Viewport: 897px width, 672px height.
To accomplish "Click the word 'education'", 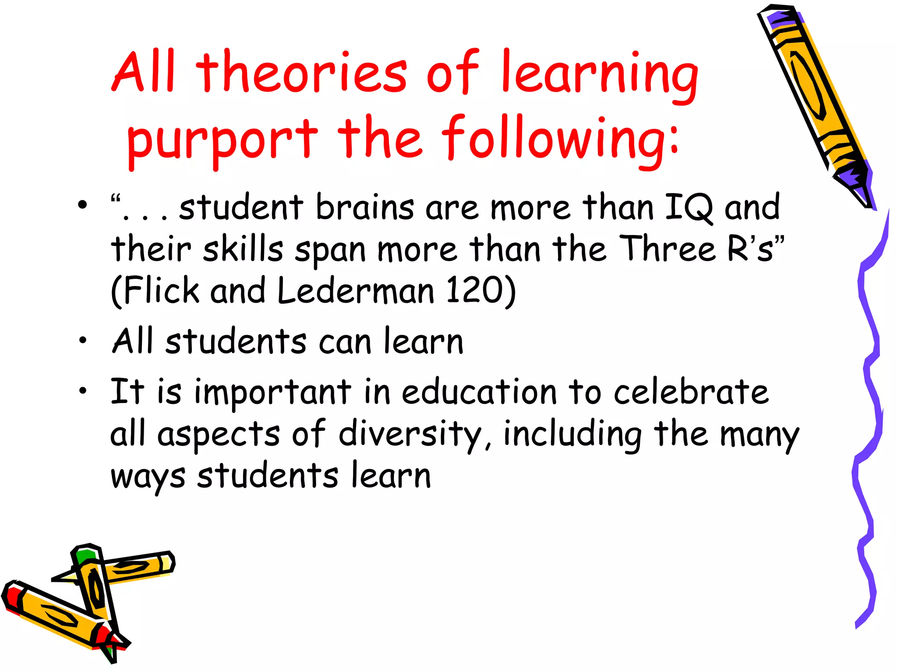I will point(479,392).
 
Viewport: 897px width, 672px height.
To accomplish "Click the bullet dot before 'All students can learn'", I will point(83,340).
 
